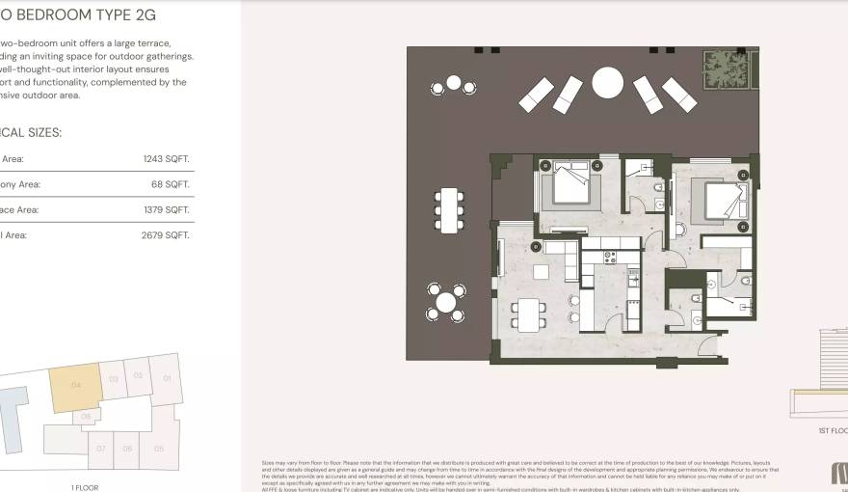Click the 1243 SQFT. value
[x=166, y=159]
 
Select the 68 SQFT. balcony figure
[x=172, y=184]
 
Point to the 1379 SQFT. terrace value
[x=166, y=209]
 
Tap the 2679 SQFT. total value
[x=166, y=234]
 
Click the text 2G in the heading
[x=145, y=15]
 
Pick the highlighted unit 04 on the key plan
[x=76, y=387]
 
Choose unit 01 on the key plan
[x=166, y=378]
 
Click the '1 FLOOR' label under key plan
[x=85, y=487]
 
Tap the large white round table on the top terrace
[x=608, y=83]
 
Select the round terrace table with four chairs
[x=445, y=303]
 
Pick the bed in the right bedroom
[x=724, y=201]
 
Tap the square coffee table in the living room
[x=541, y=272]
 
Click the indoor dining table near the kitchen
[x=529, y=314]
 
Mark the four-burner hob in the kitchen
[x=611, y=258]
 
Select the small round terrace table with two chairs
[x=453, y=84]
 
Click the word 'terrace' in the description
[x=155, y=42]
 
